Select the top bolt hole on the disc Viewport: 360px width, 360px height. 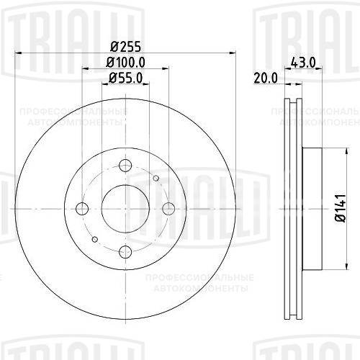pyautogui.click(x=125, y=167)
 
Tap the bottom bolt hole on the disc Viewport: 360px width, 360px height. pyautogui.click(x=125, y=251)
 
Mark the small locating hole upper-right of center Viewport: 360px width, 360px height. pyautogui.click(x=156, y=178)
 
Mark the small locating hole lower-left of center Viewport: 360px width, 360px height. pyautogui.click(x=95, y=239)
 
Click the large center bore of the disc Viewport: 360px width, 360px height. pyautogui.click(x=125, y=209)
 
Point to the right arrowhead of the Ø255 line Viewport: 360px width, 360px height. pyautogui.click(x=232, y=53)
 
